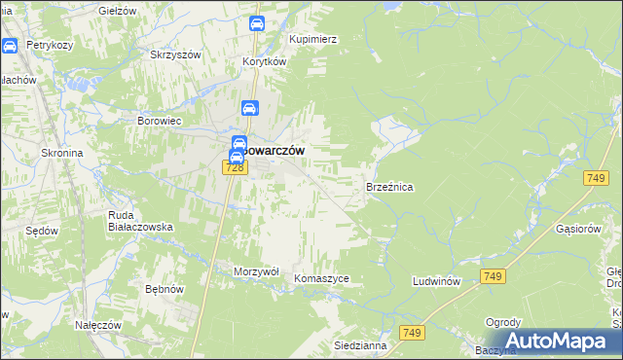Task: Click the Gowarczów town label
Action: tap(275, 151)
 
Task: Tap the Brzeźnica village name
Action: tap(390, 186)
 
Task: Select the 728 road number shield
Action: tap(233, 168)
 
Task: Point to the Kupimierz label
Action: tap(313, 39)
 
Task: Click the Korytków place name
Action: tap(264, 60)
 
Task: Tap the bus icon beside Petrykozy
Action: tap(10, 45)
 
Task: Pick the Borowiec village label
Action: tap(160, 122)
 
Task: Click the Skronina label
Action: tap(61, 153)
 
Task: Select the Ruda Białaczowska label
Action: tap(140, 220)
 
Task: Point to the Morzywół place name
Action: tap(257, 271)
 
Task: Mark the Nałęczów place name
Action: tap(98, 325)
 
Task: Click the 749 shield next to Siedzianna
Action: tap(413, 333)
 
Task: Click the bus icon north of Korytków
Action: tap(256, 23)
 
